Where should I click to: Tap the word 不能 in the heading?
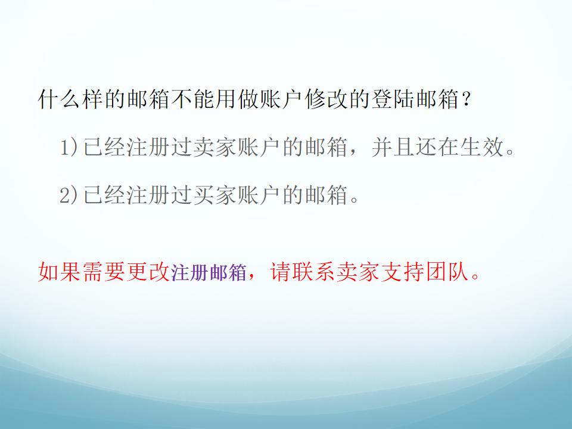[193, 99]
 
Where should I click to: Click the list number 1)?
[69, 147]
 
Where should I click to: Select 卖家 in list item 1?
[215, 147]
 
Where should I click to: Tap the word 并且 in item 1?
[393, 147]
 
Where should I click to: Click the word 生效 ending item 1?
[482, 147]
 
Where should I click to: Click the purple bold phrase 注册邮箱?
[209, 272]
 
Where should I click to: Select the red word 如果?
[60, 272]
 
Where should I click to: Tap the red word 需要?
[104, 272]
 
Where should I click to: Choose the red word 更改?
[148, 272]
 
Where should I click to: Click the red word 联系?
[313, 272]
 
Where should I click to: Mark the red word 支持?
[403, 272]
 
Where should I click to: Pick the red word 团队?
[447, 272]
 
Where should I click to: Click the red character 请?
[281, 272]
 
